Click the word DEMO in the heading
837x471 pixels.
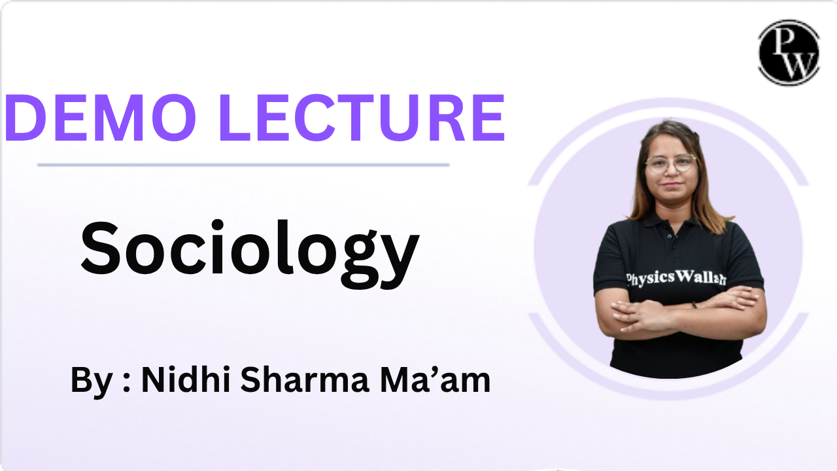101,117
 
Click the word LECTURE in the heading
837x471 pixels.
362,117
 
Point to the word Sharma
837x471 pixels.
305,379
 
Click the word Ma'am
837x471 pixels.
435,379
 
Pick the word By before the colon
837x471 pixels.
92,381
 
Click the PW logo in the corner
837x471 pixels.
789,52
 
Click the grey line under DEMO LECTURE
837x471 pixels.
243,164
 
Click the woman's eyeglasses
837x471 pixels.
671,163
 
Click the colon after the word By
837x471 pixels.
127,383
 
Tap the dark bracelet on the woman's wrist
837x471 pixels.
694,305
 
